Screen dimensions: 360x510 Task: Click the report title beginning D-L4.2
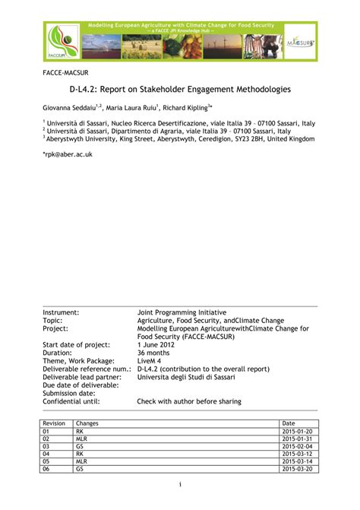pos(180,90)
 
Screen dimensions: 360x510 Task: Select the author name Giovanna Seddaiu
pos(69,108)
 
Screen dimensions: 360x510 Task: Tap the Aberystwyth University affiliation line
pos(179,139)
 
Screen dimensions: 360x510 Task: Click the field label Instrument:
pos(61,312)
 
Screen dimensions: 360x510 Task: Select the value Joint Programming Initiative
pos(182,312)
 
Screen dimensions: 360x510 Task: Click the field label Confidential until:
pos(71,401)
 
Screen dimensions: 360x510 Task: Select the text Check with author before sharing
pos(189,401)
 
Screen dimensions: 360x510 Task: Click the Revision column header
pos(54,423)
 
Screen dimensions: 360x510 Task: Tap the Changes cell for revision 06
pos(79,469)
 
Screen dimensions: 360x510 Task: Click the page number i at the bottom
pos(180,484)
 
